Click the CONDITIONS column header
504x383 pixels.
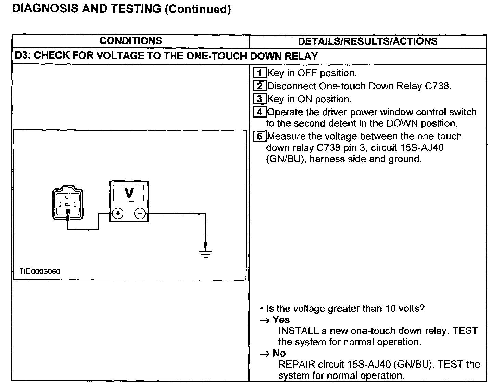click(130, 41)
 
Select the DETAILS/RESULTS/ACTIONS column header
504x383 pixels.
click(367, 41)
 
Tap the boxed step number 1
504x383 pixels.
click(260, 73)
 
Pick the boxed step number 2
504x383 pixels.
click(260, 86)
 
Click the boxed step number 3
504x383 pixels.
click(260, 99)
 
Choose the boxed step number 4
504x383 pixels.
click(260, 112)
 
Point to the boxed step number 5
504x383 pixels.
click(260, 136)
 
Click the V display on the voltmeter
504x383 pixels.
click(129, 193)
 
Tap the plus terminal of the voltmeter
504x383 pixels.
click(118, 213)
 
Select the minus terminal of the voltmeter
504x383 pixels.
click(140, 213)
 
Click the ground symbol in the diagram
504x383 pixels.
click(205, 254)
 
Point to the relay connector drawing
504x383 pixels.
click(68, 203)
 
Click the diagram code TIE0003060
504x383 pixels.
click(40, 271)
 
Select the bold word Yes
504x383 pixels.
click(281, 320)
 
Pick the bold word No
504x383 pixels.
click(279, 353)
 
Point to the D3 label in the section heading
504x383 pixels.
click(22, 56)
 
